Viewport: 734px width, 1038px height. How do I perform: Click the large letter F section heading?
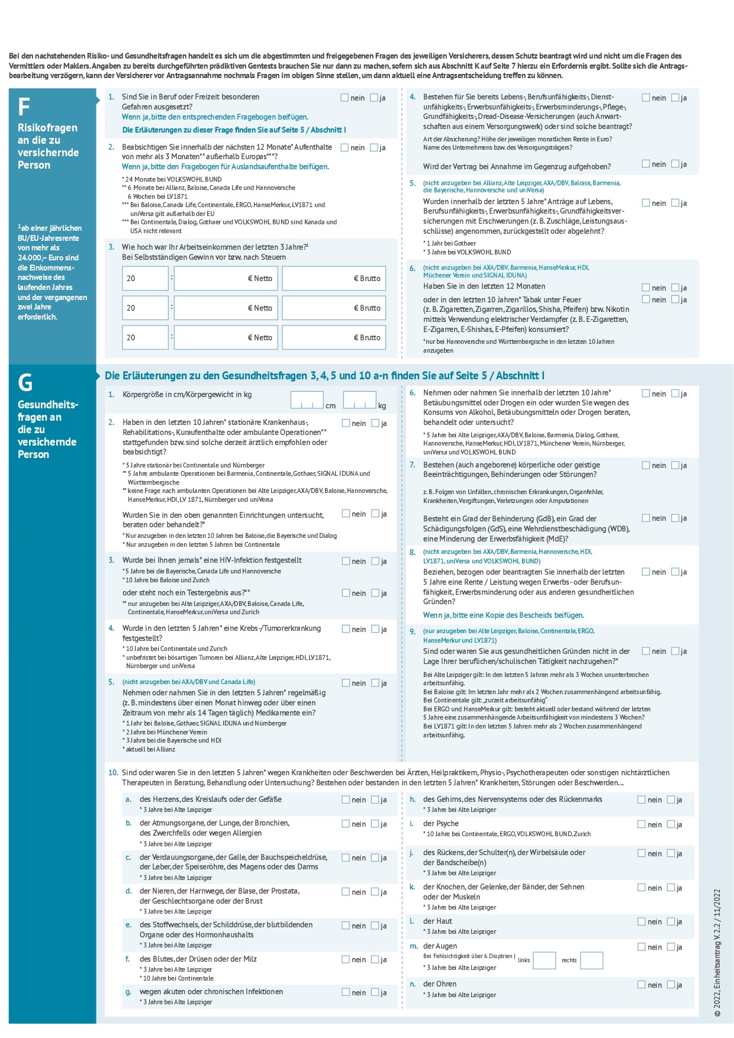[x=24, y=107]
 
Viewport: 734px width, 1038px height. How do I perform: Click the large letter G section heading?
[x=25, y=383]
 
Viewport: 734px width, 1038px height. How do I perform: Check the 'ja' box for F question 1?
[x=374, y=98]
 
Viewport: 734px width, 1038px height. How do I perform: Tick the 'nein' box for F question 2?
[x=345, y=147]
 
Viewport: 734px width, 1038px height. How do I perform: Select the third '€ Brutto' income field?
[x=333, y=337]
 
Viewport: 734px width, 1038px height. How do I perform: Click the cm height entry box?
[x=307, y=401]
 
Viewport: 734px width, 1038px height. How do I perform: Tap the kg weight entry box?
[x=359, y=401]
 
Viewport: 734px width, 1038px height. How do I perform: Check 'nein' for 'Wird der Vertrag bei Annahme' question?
[x=646, y=164]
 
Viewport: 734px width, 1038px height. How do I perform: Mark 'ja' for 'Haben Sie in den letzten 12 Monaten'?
[x=675, y=288]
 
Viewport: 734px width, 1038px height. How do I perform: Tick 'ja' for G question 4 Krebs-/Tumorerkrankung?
[x=375, y=629]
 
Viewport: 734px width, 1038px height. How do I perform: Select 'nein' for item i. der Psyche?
[x=642, y=824]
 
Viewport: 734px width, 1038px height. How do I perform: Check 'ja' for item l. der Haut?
[x=671, y=921]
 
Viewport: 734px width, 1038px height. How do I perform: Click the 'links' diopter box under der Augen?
[x=544, y=960]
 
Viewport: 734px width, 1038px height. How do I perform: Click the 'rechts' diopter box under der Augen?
[x=591, y=960]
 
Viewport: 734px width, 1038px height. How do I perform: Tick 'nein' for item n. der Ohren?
[x=642, y=984]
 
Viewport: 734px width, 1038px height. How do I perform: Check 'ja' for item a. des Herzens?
[x=375, y=800]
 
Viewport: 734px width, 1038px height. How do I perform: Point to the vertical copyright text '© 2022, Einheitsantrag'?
[x=717, y=952]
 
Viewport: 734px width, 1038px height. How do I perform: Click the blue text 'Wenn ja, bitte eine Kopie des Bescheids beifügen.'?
[x=503, y=615]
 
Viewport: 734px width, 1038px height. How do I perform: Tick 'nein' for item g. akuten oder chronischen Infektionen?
[x=346, y=992]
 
